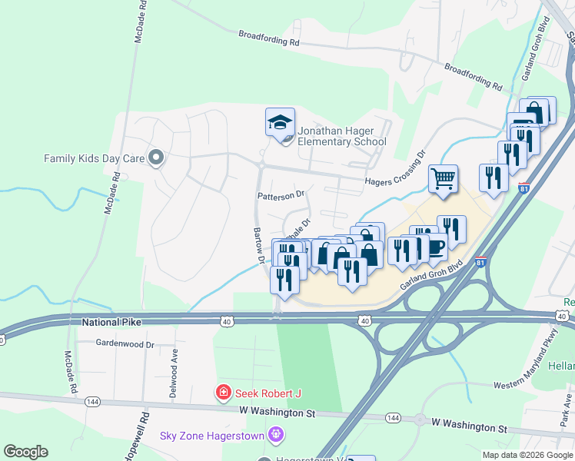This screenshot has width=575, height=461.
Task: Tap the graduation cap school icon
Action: pyautogui.click(x=280, y=121)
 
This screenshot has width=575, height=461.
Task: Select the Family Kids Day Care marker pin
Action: pyautogui.click(x=156, y=158)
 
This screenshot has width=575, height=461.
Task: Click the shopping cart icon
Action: pyautogui.click(x=443, y=179)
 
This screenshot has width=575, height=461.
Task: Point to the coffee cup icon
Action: pyautogui.click(x=434, y=247)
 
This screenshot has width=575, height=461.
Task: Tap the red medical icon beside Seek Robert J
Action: pyautogui.click(x=224, y=393)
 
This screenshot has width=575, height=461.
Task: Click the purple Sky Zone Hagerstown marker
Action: pyautogui.click(x=277, y=436)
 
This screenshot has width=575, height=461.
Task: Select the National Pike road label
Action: pyautogui.click(x=113, y=324)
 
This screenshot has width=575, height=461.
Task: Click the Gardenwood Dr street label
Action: pyautogui.click(x=125, y=344)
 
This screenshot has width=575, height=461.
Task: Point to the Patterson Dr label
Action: pyautogui.click(x=281, y=195)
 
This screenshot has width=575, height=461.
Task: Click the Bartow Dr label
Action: pyautogui.click(x=258, y=246)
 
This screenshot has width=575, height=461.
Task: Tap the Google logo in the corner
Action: pyautogui.click(x=25, y=452)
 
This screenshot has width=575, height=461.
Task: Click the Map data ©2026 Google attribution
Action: pyautogui.click(x=527, y=455)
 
